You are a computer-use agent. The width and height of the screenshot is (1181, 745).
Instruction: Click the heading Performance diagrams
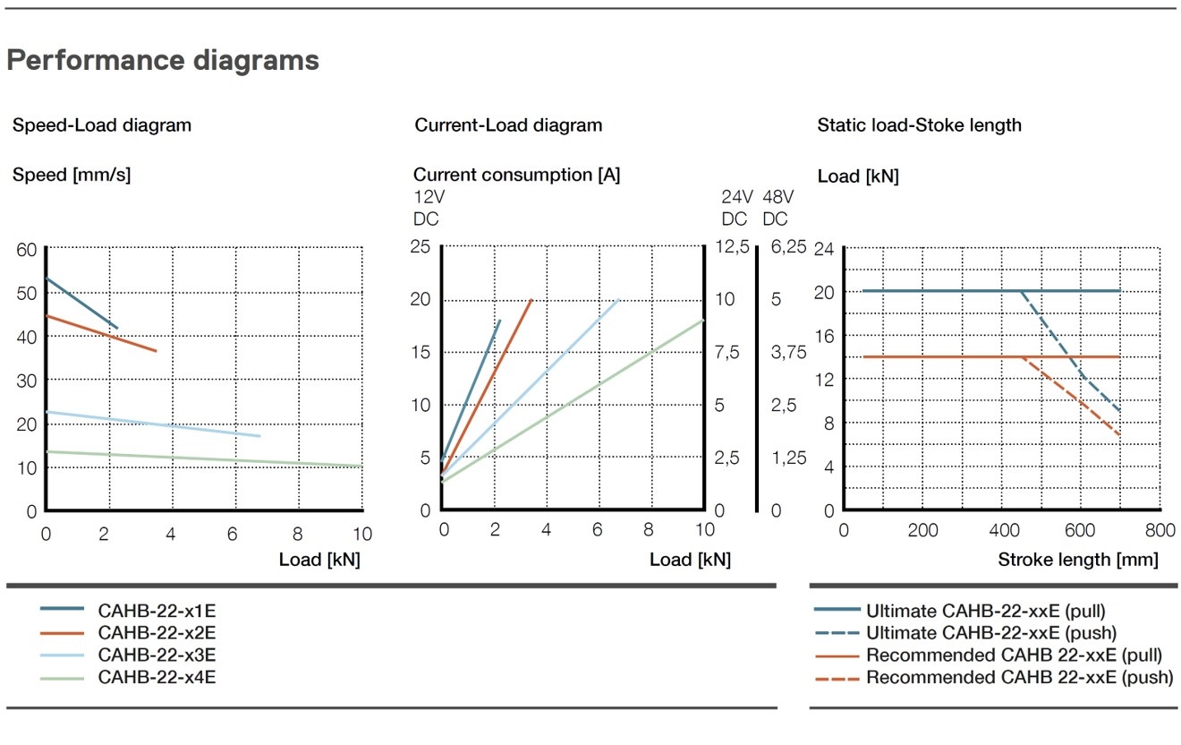[x=163, y=60]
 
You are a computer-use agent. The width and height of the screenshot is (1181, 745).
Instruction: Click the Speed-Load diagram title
[x=102, y=125]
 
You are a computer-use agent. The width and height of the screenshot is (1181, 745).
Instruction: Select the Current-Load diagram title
[x=508, y=125]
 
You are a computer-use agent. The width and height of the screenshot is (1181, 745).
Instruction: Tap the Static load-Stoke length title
[x=919, y=125]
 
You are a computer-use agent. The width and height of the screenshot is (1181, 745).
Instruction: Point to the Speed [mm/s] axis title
[x=72, y=176]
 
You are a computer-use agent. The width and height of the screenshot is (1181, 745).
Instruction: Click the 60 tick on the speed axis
[x=27, y=250]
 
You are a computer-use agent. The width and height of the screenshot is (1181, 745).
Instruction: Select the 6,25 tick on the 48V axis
[x=788, y=247]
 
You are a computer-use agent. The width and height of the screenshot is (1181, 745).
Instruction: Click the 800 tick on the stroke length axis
[x=1160, y=531]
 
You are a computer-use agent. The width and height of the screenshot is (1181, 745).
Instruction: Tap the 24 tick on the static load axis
[x=823, y=250]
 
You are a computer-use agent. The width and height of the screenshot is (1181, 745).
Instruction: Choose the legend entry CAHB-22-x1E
[x=157, y=612]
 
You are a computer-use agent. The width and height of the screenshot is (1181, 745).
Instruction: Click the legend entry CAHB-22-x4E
[x=157, y=677]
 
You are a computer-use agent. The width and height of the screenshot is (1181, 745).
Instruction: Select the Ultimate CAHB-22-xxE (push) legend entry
[x=985, y=633]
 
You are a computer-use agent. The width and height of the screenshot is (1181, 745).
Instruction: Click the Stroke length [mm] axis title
[x=1077, y=561]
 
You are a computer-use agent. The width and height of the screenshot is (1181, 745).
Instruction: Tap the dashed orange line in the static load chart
[x=1074, y=399]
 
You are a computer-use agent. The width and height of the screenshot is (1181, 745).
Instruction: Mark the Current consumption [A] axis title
[x=516, y=176]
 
